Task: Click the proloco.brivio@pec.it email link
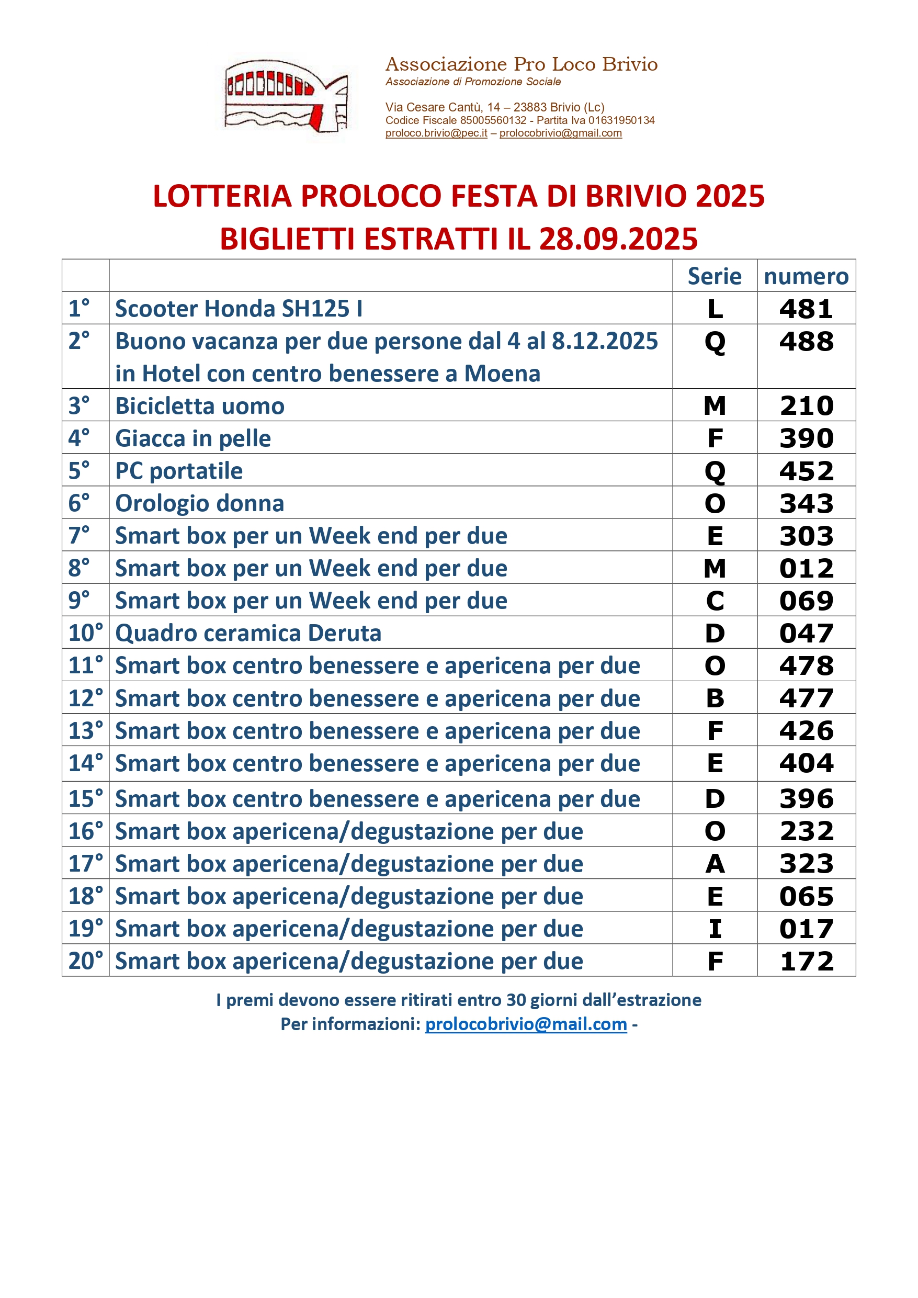tap(436, 133)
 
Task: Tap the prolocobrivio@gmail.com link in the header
tap(560, 133)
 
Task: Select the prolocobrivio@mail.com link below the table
tap(526, 1024)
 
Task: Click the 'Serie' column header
tap(715, 276)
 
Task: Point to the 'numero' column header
tap(806, 276)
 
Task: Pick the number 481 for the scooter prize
tap(806, 309)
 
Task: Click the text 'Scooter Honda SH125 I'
tap(239, 309)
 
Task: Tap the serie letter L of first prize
tap(715, 309)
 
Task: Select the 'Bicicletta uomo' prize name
tap(199, 407)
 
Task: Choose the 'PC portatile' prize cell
tap(178, 471)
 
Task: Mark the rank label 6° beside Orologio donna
tap(79, 503)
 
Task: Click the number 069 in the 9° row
tap(806, 601)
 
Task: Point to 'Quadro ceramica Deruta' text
tap(248, 633)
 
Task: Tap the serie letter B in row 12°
tap(715, 699)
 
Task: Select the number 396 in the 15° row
tap(806, 799)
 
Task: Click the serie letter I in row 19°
tap(715, 929)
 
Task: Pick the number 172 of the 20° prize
tap(806, 962)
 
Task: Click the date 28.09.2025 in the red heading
tap(618, 239)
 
